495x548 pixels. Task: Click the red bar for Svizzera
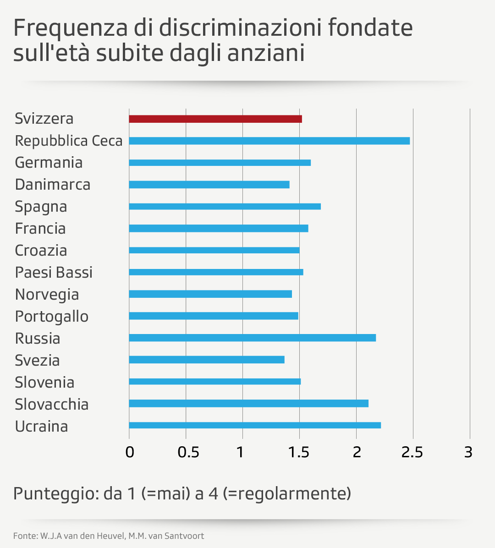215,119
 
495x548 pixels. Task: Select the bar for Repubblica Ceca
269,141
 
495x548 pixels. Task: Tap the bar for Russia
252,338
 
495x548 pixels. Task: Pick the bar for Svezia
207,360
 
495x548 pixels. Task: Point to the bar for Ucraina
255,425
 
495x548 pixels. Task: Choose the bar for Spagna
225,206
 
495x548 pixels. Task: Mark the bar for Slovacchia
248,403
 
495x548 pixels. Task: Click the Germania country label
49,163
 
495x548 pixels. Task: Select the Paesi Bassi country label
54,273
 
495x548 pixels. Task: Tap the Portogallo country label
51,317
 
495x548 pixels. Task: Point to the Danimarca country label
53,185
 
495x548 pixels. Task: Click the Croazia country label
41,251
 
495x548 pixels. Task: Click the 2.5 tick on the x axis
412,452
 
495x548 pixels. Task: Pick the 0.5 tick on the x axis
188,452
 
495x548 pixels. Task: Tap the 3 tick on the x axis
468,452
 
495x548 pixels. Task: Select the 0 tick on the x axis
130,452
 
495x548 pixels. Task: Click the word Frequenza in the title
70,28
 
